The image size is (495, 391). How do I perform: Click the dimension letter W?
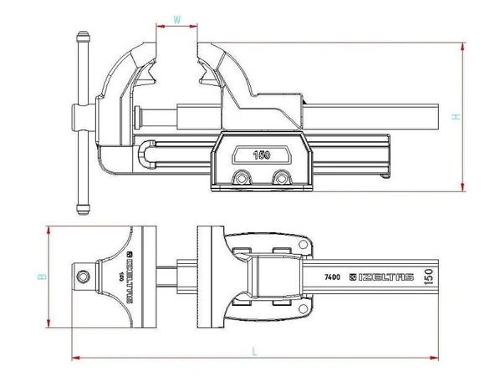tap(176, 18)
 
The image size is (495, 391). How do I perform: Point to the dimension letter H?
tap(456, 116)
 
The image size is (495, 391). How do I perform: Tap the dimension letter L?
tap(255, 351)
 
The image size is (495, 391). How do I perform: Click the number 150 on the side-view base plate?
tap(263, 154)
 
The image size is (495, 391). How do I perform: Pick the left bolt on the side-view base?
tap(242, 177)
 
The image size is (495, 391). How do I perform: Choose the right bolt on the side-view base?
tap(279, 177)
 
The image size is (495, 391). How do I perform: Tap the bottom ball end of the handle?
tap(82, 204)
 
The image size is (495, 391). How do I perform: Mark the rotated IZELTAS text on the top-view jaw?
tap(128, 275)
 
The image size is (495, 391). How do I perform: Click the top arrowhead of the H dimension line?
tap(463, 43)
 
